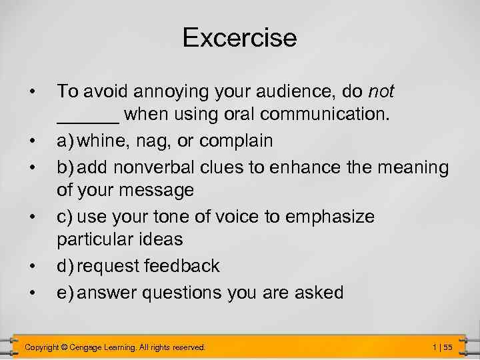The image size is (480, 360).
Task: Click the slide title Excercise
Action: click(239, 38)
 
